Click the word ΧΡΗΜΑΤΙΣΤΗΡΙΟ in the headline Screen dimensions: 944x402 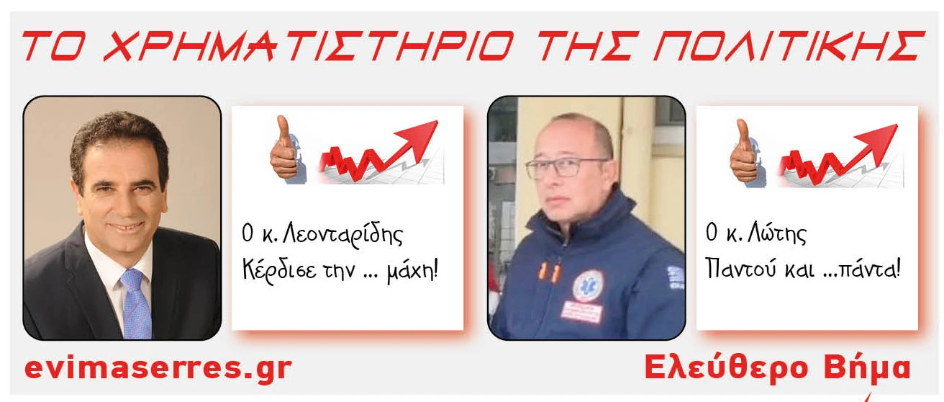[x=309, y=45]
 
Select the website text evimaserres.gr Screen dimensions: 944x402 [x=158, y=369]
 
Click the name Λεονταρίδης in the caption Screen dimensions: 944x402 [x=342, y=235]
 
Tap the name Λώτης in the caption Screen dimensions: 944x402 [x=776, y=233]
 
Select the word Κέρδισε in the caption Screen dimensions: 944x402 [x=279, y=269]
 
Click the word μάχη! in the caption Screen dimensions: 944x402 [x=412, y=270]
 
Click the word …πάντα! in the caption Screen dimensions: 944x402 [x=862, y=268]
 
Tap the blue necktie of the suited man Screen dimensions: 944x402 [x=136, y=303]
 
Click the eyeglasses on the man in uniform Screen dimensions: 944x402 [x=566, y=167]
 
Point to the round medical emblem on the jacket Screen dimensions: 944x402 [x=589, y=287]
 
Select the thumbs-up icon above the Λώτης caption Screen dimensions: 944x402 [x=747, y=153]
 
